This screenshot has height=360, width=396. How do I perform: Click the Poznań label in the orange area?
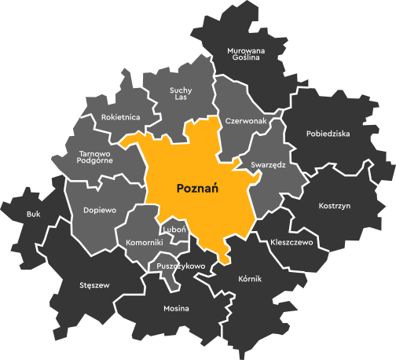[x=197, y=189]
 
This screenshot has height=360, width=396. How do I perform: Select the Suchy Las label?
[x=181, y=94]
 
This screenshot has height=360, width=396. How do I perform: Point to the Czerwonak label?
[x=246, y=122]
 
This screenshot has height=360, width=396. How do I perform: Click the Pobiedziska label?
[x=328, y=134]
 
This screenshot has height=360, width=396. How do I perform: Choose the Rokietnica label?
[x=121, y=117]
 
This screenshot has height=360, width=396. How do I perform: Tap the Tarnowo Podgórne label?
[x=96, y=156]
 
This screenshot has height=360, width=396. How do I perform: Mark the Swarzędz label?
[x=268, y=165]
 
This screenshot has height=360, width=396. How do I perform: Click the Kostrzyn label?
[x=335, y=206]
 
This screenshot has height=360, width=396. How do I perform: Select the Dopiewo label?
[x=100, y=211]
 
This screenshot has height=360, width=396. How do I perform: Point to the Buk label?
[x=33, y=214]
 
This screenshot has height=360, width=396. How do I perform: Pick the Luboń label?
[x=174, y=230]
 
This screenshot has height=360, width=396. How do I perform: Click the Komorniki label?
[x=145, y=243]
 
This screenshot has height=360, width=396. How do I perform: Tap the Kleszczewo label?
[x=291, y=243]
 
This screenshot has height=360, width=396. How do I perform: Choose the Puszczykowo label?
[x=181, y=266]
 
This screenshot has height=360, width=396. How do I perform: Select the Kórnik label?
[x=249, y=279]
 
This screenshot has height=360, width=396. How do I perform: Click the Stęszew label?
[x=94, y=285]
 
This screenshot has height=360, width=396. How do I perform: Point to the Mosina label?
[x=176, y=308]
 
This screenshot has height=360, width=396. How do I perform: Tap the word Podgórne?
[x=96, y=160]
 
